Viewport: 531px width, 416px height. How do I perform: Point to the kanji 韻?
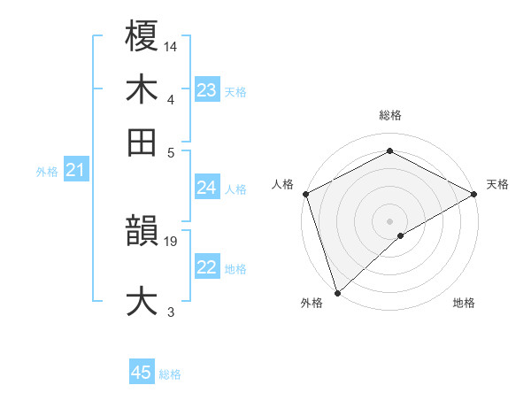coord(142,233)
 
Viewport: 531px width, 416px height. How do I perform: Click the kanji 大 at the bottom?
coord(142,299)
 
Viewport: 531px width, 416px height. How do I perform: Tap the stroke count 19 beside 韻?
coord(172,241)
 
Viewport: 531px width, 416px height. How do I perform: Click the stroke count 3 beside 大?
coord(171,312)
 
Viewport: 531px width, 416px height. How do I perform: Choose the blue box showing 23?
coord(207,90)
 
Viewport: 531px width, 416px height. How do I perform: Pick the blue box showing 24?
coord(206,188)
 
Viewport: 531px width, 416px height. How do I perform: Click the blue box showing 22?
coord(206,268)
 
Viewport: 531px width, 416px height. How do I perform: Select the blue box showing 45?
coord(142,373)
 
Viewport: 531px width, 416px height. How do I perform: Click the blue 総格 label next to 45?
coord(170,374)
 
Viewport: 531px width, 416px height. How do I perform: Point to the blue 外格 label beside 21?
coord(46,172)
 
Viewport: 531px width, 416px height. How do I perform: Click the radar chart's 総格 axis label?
coord(389,115)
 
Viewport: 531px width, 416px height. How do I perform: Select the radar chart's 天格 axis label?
coord(497,184)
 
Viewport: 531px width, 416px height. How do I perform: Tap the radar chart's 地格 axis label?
coord(464,304)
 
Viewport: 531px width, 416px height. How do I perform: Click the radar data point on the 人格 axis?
coord(304,194)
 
